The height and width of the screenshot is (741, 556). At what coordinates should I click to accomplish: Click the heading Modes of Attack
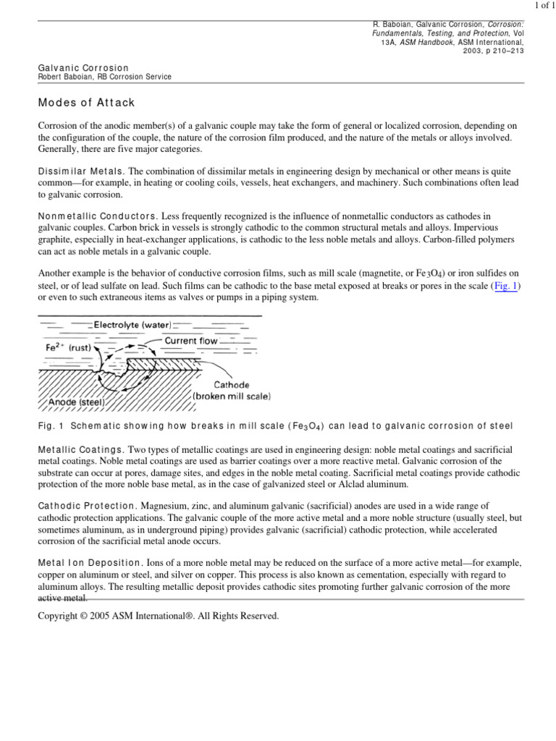(86, 103)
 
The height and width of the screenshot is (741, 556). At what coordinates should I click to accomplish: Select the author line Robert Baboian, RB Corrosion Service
(104, 77)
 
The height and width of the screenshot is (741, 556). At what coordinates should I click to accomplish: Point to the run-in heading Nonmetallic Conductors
(97, 216)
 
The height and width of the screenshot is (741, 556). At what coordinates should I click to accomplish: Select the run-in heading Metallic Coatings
(81, 450)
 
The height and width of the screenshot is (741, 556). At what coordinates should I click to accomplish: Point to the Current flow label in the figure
(191, 340)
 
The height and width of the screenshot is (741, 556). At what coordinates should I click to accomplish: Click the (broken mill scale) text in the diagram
(232, 396)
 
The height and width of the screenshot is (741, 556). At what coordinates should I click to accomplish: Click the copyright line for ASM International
(158, 616)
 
